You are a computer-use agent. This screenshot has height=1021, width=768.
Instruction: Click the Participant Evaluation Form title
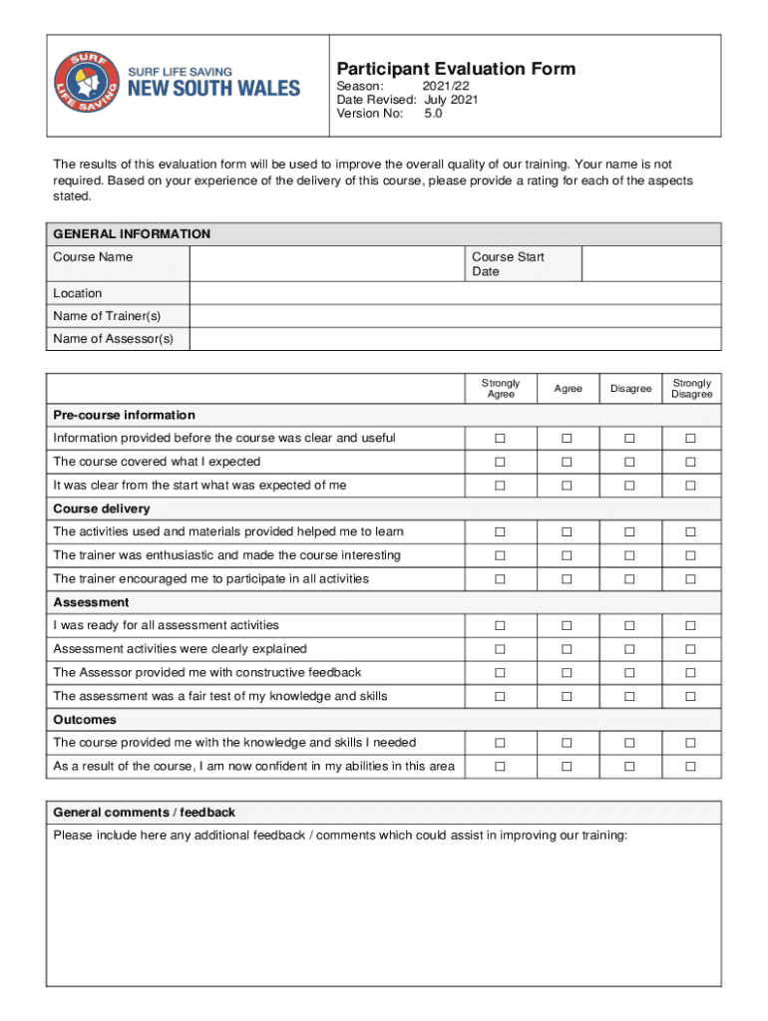point(456,69)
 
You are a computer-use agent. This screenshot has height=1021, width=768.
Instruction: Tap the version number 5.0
point(433,114)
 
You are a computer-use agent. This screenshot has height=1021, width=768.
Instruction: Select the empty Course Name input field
point(326,264)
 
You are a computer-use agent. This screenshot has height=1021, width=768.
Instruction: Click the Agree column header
point(568,389)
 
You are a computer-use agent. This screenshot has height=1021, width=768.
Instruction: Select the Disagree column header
point(631,389)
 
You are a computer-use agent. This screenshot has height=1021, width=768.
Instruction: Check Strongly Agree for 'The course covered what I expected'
point(501,462)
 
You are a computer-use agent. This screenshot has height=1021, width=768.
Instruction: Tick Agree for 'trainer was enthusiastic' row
point(567,555)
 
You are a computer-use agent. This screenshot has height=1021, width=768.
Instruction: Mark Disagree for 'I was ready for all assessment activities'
point(630,625)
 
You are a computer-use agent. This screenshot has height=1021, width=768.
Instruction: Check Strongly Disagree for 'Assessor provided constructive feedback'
point(689,673)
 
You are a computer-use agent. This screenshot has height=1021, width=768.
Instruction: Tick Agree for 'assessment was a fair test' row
point(567,696)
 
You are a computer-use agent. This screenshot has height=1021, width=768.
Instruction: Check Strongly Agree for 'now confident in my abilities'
point(501,766)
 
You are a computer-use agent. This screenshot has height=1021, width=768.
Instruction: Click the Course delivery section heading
point(102,509)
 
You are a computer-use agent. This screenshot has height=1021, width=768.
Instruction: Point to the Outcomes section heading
point(85,719)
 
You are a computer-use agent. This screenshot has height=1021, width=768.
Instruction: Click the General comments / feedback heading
point(145,813)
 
